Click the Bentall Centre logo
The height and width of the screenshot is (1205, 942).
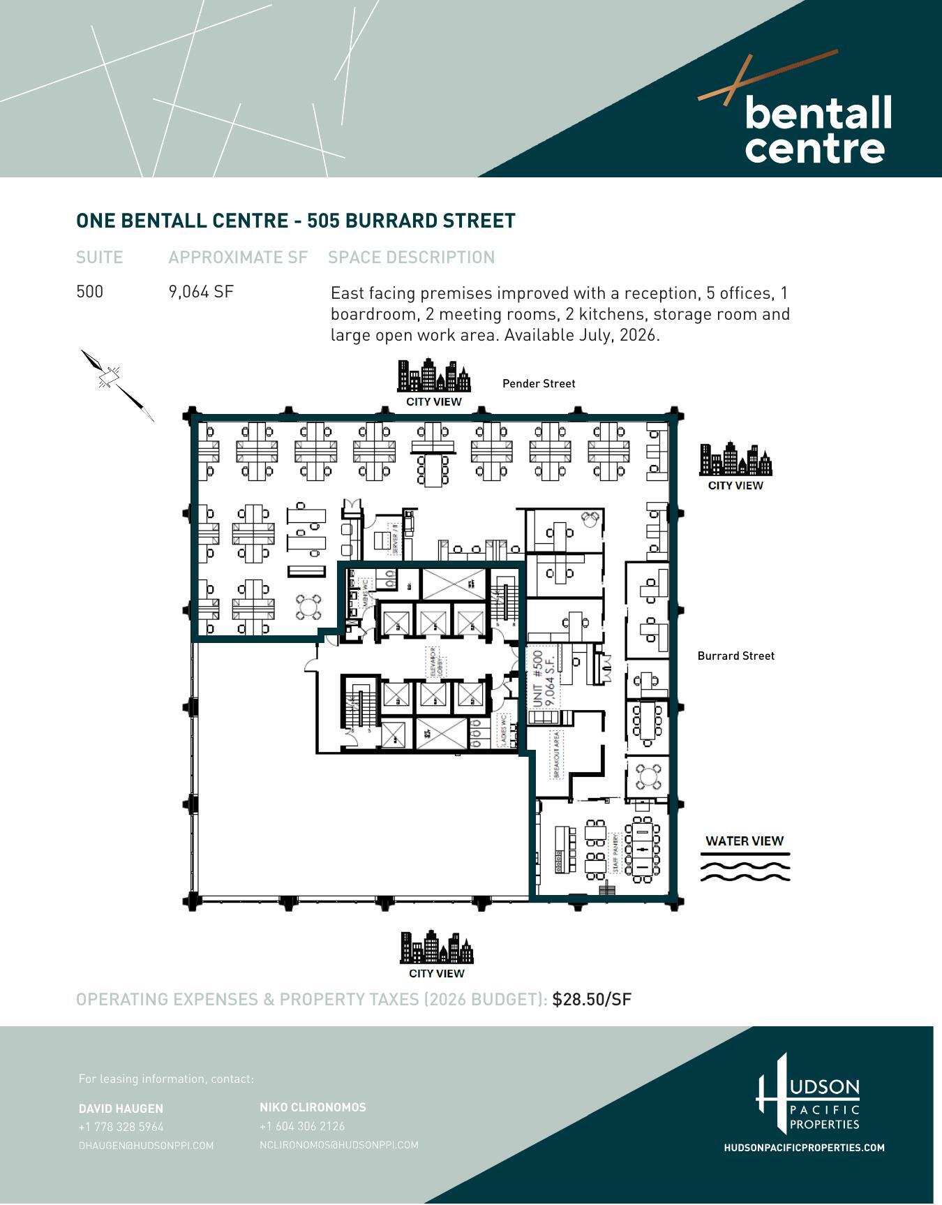click(x=809, y=119)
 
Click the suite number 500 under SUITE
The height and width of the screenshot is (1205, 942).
click(x=89, y=292)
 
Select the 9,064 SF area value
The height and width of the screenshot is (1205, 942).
click(x=201, y=292)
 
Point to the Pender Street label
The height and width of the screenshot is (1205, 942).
click(x=539, y=383)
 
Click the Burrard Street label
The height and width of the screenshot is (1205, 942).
click(x=735, y=656)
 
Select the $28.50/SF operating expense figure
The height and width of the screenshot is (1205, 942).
click(x=591, y=999)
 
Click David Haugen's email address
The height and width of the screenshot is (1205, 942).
click(x=146, y=1146)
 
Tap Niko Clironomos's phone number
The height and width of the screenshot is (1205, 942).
click(x=301, y=1126)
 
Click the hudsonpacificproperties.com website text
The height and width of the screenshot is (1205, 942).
click(x=804, y=1148)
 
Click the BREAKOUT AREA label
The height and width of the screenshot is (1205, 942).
click(x=556, y=755)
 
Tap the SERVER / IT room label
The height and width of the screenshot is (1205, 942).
click(x=396, y=538)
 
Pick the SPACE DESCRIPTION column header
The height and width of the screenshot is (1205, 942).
click(x=411, y=258)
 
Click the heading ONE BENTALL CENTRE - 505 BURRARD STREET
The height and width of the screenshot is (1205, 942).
click(x=295, y=221)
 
